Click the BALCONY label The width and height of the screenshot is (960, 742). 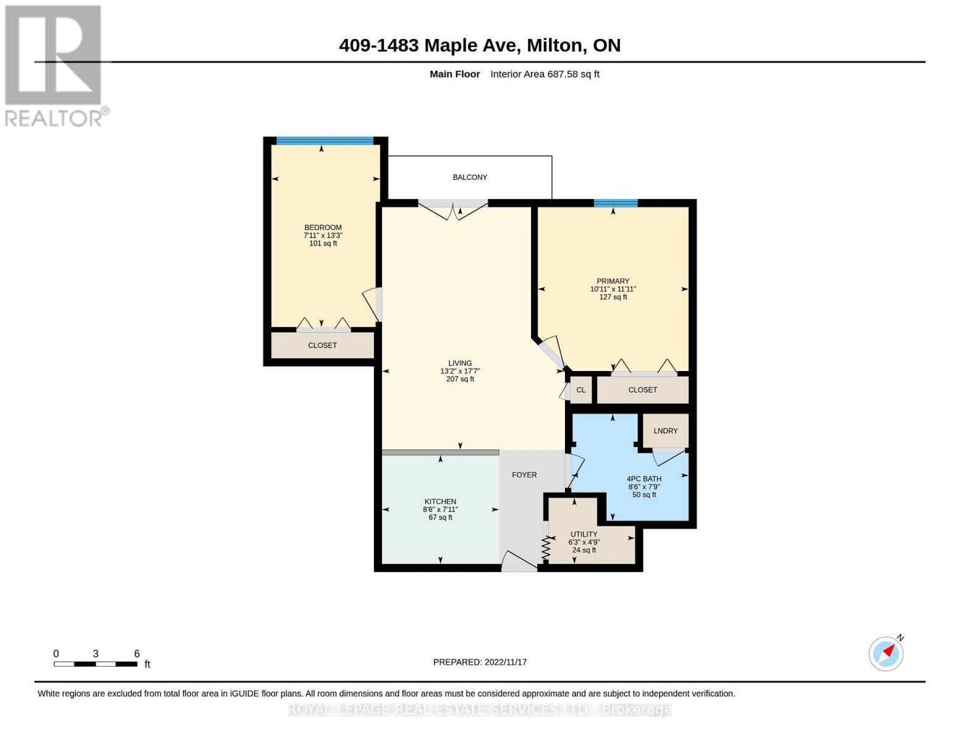(x=470, y=177)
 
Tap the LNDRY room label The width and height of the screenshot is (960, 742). (x=665, y=430)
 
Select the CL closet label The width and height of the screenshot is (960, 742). (x=580, y=390)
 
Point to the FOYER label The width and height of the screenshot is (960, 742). (x=524, y=475)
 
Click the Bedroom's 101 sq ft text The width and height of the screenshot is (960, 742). (x=323, y=244)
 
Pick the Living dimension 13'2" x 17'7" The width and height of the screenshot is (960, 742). (x=460, y=371)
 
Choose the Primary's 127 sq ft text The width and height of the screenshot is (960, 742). (x=613, y=297)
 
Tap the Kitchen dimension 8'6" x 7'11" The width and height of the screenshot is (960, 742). (x=441, y=510)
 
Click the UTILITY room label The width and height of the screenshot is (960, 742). (x=584, y=534)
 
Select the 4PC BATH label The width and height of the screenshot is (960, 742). (x=644, y=479)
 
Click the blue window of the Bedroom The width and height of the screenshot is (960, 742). (x=325, y=140)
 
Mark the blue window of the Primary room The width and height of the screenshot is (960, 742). (x=616, y=203)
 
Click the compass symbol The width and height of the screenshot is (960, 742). (x=886, y=654)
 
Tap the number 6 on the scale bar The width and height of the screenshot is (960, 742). (x=137, y=654)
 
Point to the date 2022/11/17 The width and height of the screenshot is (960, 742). (x=506, y=662)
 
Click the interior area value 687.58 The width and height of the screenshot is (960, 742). (x=563, y=74)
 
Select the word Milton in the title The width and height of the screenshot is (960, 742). (x=554, y=45)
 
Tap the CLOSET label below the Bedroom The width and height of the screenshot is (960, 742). (x=322, y=346)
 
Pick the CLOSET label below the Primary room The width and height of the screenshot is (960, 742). (x=642, y=390)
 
